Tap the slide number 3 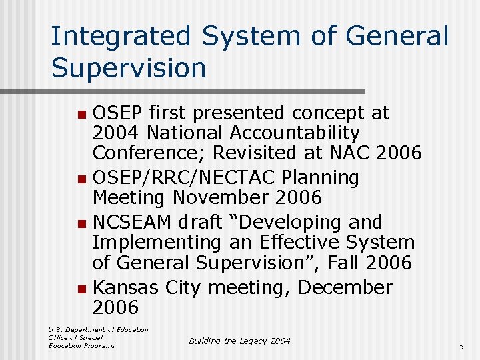click(460, 346)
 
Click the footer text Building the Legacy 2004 click(239, 341)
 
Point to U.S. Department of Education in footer click(98, 329)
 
